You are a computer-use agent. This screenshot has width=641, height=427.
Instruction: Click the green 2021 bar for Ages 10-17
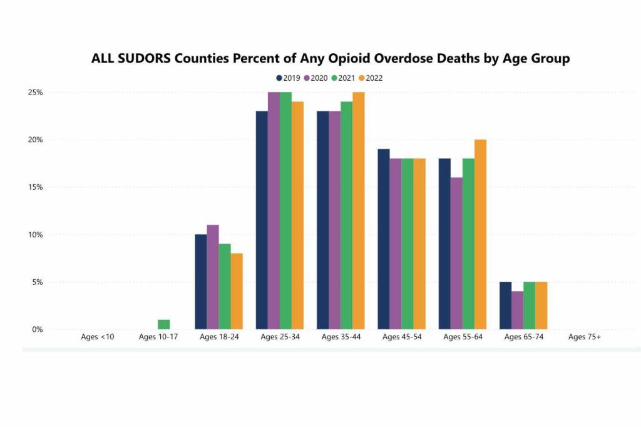point(164,324)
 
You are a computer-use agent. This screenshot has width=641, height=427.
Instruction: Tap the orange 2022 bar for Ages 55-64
point(480,234)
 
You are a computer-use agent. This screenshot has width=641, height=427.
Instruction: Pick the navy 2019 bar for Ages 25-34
point(262,220)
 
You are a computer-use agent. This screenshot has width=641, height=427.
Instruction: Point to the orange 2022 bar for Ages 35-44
point(358,210)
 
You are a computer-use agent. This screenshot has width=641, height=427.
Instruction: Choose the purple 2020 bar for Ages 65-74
point(517,310)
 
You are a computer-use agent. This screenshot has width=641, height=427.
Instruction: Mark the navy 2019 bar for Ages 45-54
point(383,239)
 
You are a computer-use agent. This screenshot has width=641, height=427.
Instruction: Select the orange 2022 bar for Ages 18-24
point(237,291)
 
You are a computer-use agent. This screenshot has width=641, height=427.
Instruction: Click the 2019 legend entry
point(288,78)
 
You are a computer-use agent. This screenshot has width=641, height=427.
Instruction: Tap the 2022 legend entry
point(370,78)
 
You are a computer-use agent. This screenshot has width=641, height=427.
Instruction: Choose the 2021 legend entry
point(343,78)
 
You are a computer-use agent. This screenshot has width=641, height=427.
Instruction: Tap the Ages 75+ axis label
point(584,337)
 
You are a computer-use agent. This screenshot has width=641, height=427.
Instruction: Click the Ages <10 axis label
point(97,337)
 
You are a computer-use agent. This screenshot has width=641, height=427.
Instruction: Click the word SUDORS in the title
point(145,59)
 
